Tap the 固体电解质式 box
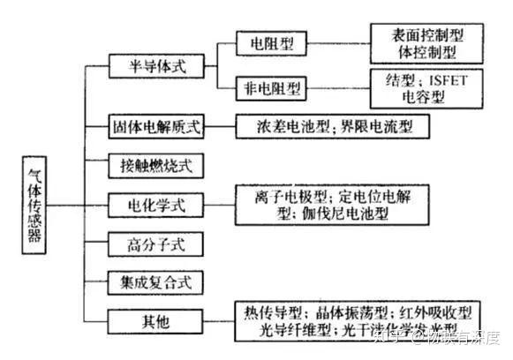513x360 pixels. coord(157,125)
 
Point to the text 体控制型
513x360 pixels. coord(427,52)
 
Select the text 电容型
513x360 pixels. coord(427,97)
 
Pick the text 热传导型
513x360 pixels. coord(271,311)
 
